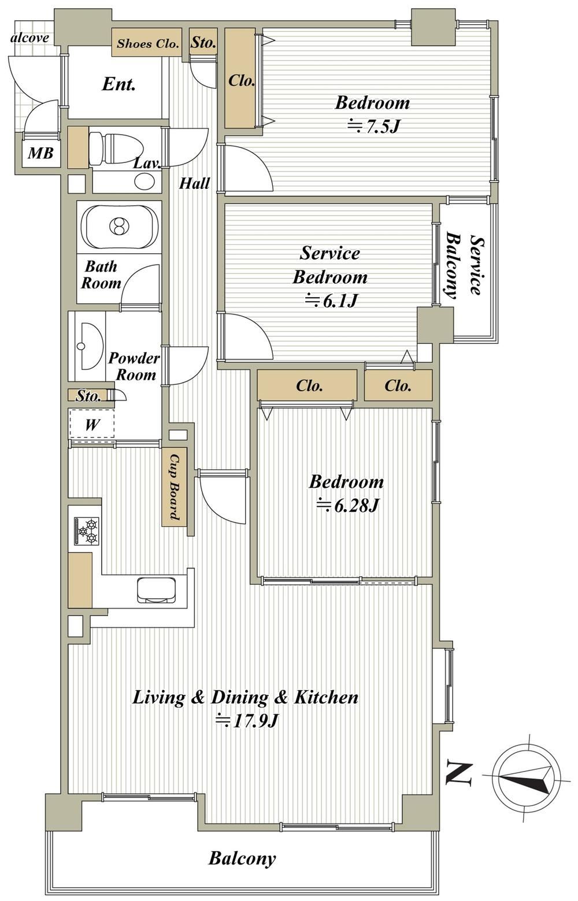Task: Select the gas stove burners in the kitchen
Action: [87, 531]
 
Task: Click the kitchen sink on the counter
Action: [156, 589]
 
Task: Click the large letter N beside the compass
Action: [458, 773]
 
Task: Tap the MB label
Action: [40, 153]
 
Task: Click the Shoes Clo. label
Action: [147, 43]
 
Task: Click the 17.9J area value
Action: [247, 721]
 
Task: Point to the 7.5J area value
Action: [373, 127]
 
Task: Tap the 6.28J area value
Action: [347, 506]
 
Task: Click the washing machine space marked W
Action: [92, 424]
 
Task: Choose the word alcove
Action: [29, 38]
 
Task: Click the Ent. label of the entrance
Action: [118, 84]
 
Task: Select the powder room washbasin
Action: [90, 346]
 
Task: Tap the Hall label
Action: [194, 183]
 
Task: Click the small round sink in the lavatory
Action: [144, 181]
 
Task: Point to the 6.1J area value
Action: [331, 301]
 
